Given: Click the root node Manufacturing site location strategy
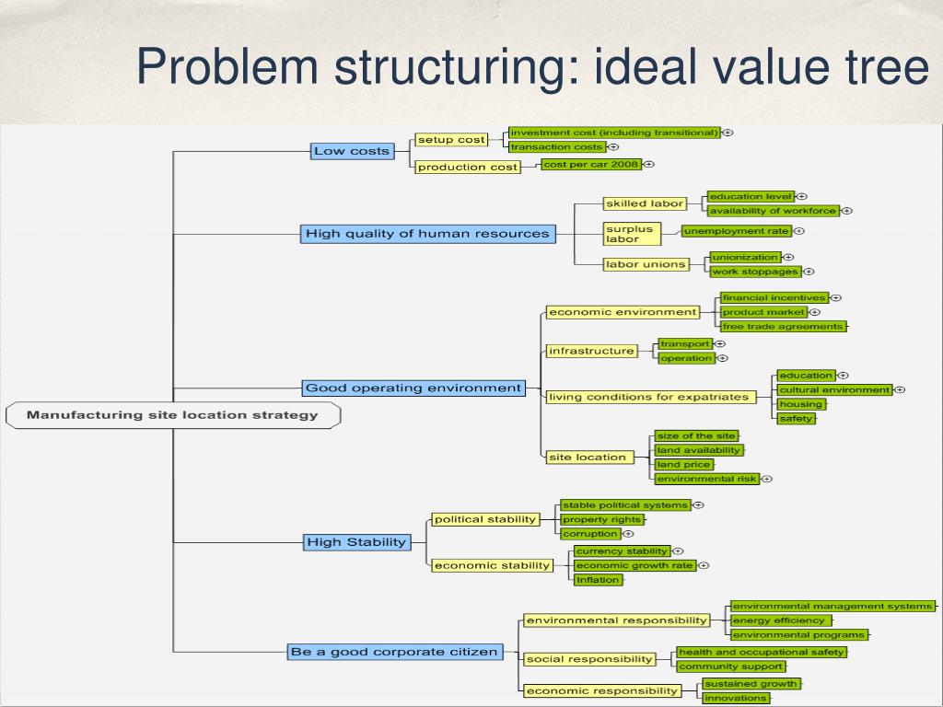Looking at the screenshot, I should (x=172, y=415).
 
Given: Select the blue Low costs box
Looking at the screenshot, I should (x=352, y=151).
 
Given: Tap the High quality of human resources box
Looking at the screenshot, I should (x=427, y=234).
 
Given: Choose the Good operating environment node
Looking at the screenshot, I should (x=413, y=388).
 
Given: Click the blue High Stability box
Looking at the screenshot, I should (x=356, y=542).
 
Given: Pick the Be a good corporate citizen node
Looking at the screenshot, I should (x=394, y=652).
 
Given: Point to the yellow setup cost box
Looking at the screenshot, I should (x=450, y=140).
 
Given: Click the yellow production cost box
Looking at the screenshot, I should (x=468, y=167).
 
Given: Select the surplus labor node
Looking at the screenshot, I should (x=632, y=234).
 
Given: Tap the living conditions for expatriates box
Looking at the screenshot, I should (x=648, y=397).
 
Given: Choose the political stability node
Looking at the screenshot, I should (x=485, y=519).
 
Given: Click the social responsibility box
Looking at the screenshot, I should (x=589, y=659).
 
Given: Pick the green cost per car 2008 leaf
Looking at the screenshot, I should (x=590, y=164).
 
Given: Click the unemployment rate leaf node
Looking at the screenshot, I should (x=736, y=231).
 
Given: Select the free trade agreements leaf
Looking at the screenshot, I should (x=782, y=326).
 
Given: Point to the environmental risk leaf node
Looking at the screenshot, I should (x=706, y=479).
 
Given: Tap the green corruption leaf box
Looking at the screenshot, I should (x=590, y=533).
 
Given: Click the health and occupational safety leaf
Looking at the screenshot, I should (x=761, y=652).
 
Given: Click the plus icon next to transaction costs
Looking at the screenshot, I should (x=613, y=146).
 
